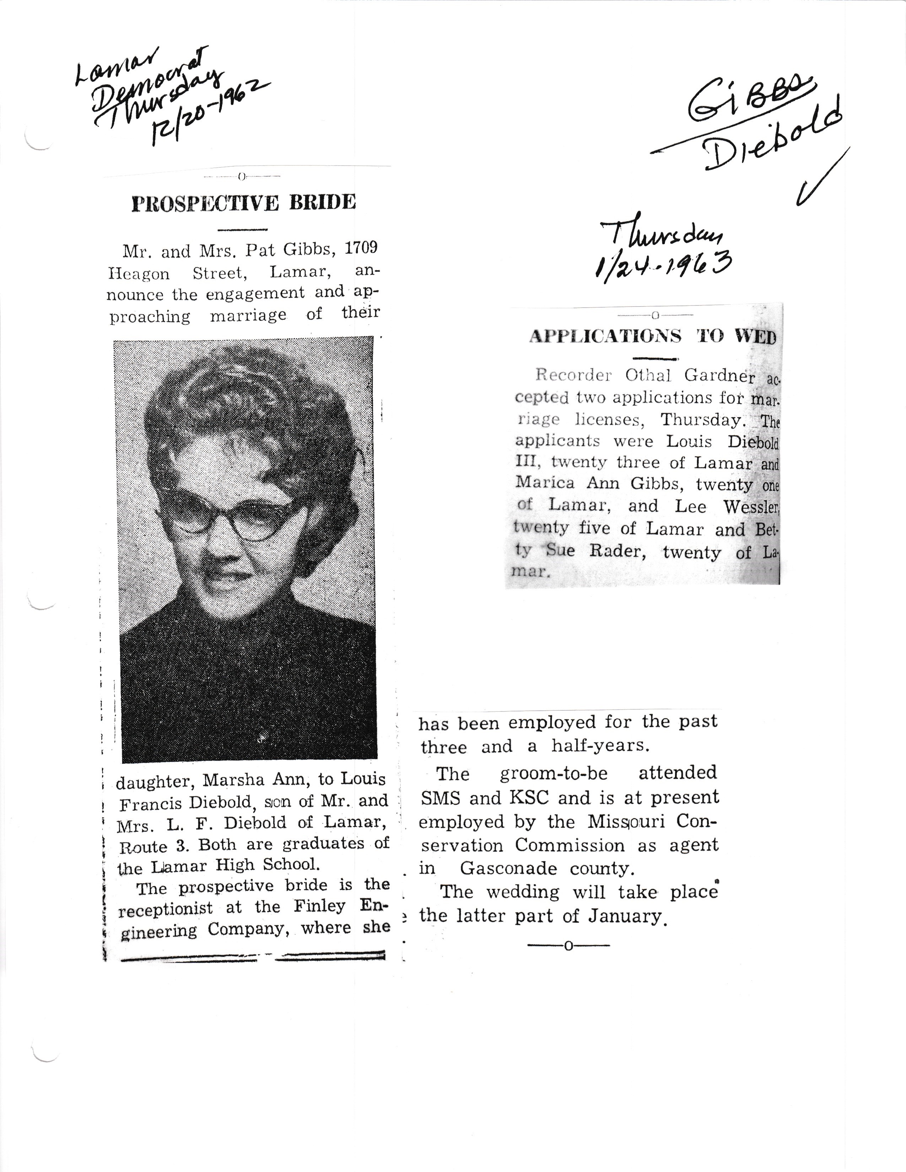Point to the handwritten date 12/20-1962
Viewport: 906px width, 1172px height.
[209, 110]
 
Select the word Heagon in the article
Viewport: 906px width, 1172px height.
[139, 274]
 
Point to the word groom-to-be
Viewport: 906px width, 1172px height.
[553, 773]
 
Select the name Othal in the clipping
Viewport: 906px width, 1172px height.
[648, 375]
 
